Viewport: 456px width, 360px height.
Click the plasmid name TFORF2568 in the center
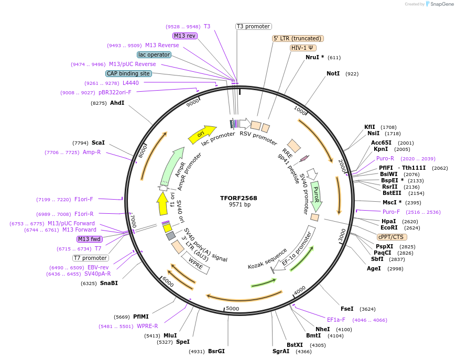click(238, 198)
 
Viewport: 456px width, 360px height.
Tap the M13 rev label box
click(185, 36)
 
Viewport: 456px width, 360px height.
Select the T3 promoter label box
click(253, 26)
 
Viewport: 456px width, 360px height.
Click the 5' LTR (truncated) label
click(298, 38)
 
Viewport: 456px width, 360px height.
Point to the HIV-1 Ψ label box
click(303, 48)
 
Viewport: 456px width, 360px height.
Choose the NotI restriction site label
click(333, 74)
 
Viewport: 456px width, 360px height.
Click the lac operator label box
click(154, 54)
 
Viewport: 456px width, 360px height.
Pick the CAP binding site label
click(128, 73)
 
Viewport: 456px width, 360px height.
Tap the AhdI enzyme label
click(117, 103)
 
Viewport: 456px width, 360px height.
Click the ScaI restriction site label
click(98, 143)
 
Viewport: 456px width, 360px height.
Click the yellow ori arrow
click(202, 134)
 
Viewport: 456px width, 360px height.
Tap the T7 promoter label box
click(91, 258)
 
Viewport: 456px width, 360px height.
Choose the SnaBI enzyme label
click(109, 283)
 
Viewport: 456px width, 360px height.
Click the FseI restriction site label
click(347, 309)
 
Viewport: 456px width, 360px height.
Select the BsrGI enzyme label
click(216, 351)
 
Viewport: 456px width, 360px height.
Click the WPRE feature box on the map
click(196, 264)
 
